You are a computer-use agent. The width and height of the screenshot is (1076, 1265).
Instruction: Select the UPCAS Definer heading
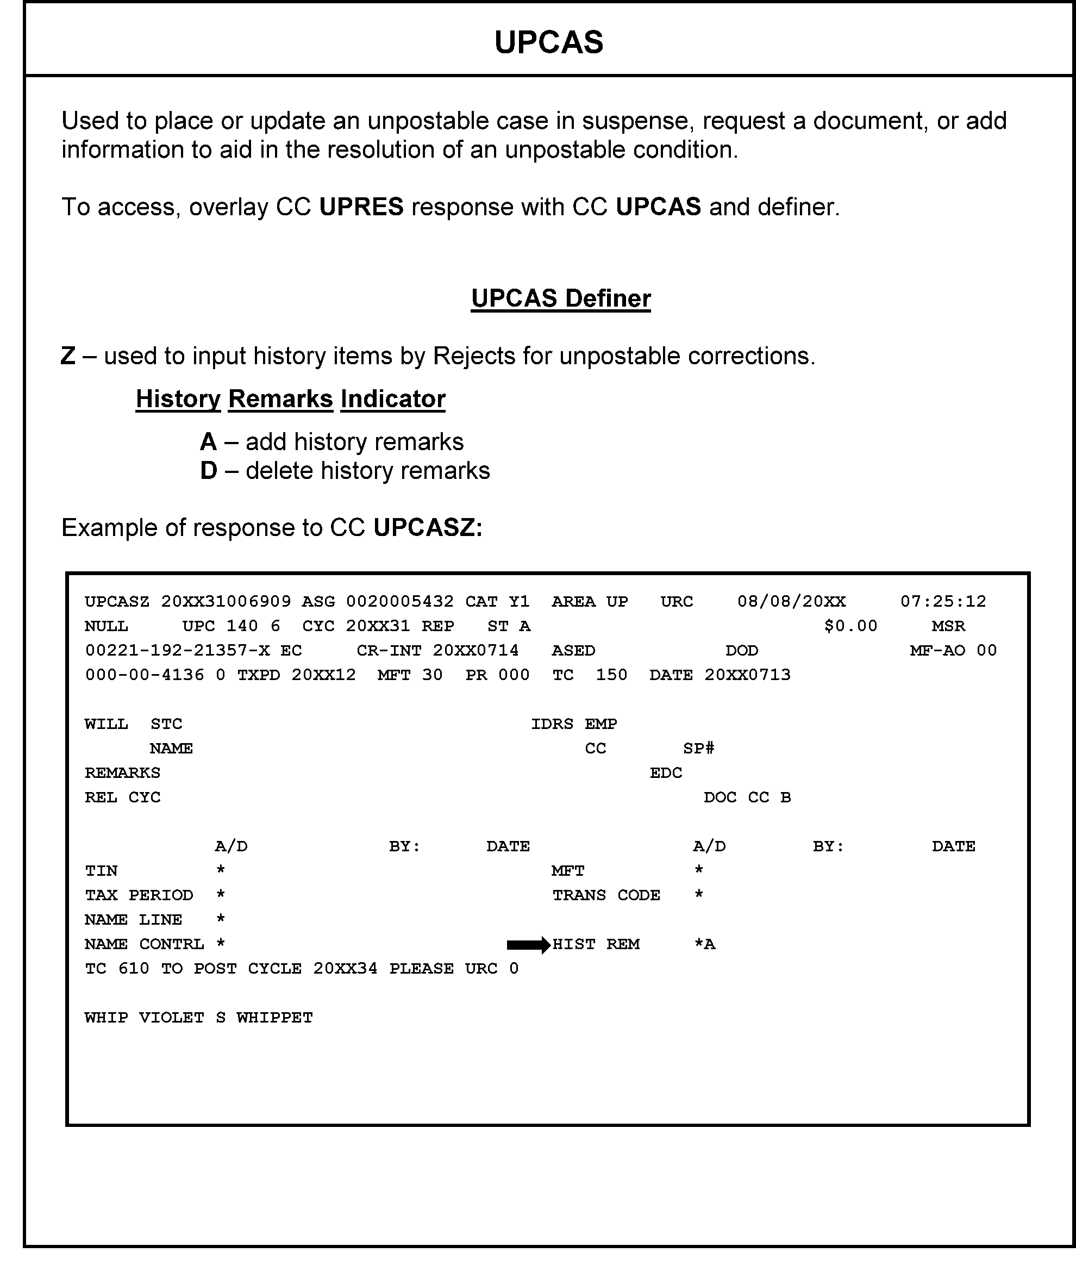[561, 298]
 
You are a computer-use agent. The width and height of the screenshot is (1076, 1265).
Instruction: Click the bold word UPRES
[361, 207]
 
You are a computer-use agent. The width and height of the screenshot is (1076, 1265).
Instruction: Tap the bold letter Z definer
[68, 356]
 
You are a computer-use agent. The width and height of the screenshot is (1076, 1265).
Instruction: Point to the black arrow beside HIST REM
[528, 945]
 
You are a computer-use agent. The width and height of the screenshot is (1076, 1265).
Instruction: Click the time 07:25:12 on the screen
[943, 602]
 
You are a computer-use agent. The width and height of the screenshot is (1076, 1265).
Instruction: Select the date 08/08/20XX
[791, 602]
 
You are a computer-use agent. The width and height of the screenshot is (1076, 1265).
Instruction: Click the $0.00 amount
[850, 626]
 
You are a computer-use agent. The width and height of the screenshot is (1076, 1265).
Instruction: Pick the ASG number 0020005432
[399, 602]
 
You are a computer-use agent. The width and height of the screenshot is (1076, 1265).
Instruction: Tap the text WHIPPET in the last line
[274, 1018]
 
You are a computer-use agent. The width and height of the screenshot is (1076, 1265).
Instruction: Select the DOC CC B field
[747, 797]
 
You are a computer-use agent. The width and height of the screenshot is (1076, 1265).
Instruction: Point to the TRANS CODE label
[606, 895]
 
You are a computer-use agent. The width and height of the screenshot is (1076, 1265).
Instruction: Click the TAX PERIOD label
[139, 895]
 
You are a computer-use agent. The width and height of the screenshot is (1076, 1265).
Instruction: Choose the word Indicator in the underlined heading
[393, 399]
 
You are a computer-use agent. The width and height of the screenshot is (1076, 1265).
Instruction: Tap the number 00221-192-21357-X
[177, 651]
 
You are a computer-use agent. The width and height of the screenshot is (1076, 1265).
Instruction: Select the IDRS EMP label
[573, 724]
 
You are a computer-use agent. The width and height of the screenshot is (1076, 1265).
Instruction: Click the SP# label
[698, 749]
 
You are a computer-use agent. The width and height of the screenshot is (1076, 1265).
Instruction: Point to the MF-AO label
[937, 651]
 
